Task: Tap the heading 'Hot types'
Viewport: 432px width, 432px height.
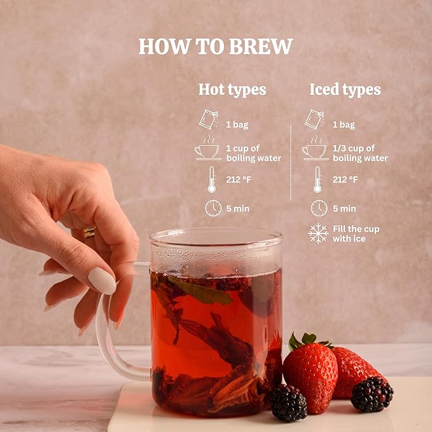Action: pyautogui.click(x=232, y=90)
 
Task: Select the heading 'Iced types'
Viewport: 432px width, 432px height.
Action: pyautogui.click(x=345, y=90)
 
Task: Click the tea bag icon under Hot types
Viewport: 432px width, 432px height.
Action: pyautogui.click(x=209, y=120)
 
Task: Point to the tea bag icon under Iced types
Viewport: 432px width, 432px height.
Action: pyautogui.click(x=314, y=120)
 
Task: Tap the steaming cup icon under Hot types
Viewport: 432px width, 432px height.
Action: pyautogui.click(x=208, y=148)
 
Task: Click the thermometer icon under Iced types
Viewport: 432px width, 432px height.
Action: pyautogui.click(x=317, y=179)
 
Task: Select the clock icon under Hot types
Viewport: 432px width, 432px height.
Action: pyautogui.click(x=213, y=208)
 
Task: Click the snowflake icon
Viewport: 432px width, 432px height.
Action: pyautogui.click(x=318, y=233)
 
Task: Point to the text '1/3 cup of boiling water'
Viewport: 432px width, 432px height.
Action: pyautogui.click(x=360, y=153)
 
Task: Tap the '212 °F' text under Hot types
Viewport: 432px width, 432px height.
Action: pyautogui.click(x=239, y=179)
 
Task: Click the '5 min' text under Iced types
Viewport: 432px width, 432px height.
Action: pyautogui.click(x=344, y=209)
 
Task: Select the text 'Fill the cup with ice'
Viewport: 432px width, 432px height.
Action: pyautogui.click(x=356, y=233)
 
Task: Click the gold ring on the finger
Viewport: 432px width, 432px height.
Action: pyautogui.click(x=90, y=232)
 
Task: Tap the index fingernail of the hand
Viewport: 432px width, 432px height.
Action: pyautogui.click(x=102, y=281)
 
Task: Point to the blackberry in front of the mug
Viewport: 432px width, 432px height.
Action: pyautogui.click(x=288, y=403)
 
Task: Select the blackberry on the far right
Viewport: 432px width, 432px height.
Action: pyautogui.click(x=372, y=394)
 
